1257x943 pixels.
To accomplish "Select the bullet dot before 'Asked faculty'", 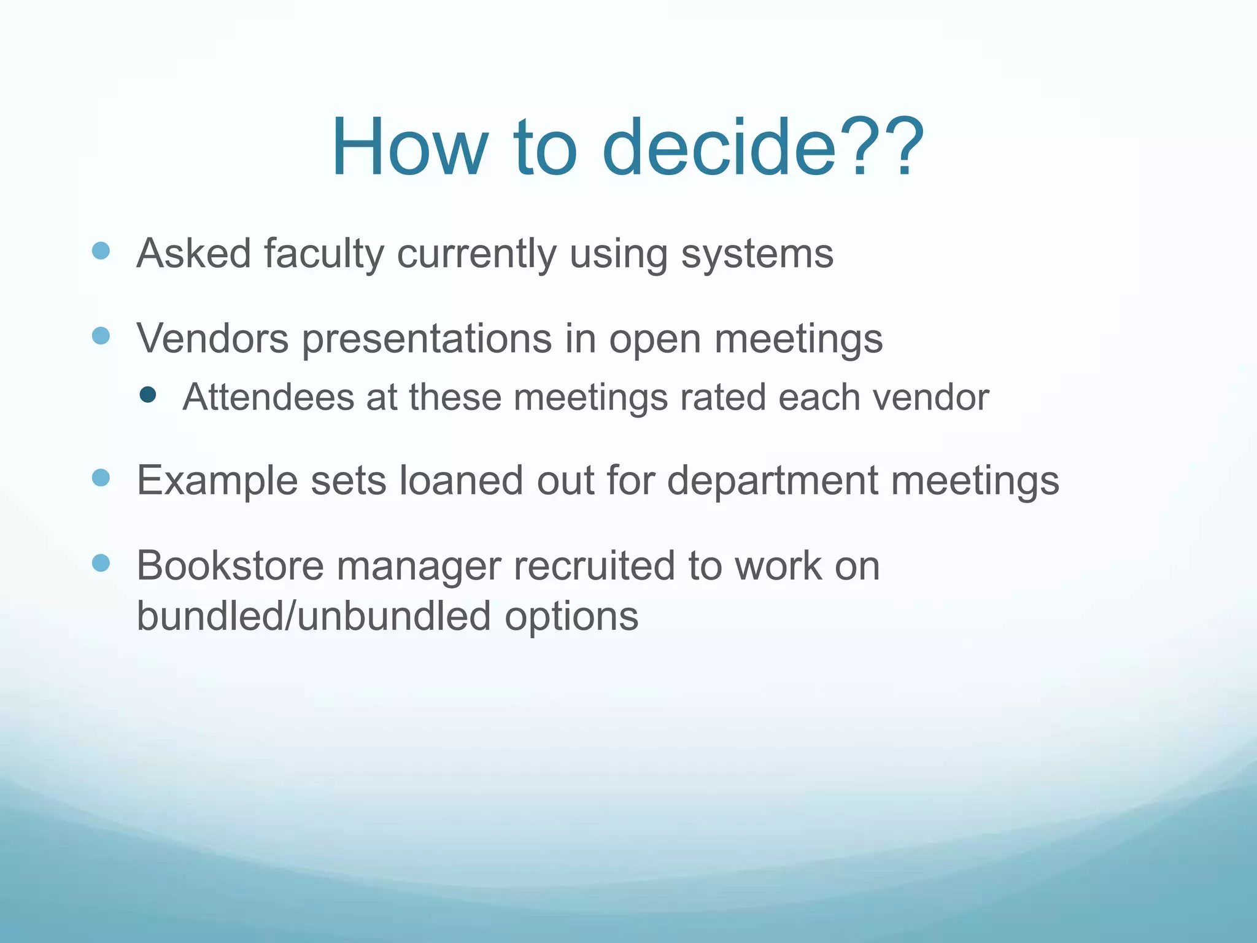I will pyautogui.click(x=101, y=250).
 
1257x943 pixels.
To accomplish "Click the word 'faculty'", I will pyautogui.click(x=323, y=254).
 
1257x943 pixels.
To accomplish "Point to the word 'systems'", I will pyautogui.click(x=757, y=255).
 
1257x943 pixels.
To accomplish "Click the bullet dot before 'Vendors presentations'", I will pyautogui.click(x=101, y=336).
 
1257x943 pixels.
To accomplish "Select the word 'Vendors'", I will pyautogui.click(x=212, y=338).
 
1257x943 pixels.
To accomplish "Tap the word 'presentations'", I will pyautogui.click(x=427, y=340).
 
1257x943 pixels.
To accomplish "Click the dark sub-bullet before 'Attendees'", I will pyautogui.click(x=147, y=395).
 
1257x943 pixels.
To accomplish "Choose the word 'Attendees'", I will pyautogui.click(x=268, y=397).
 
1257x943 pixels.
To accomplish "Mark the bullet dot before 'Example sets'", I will pyautogui.click(x=101, y=478).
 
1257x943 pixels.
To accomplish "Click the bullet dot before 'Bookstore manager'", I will pyautogui.click(x=101, y=562).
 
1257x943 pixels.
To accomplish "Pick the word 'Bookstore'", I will pyautogui.click(x=230, y=565).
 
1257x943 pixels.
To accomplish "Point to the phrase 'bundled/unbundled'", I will pyautogui.click(x=314, y=616).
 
